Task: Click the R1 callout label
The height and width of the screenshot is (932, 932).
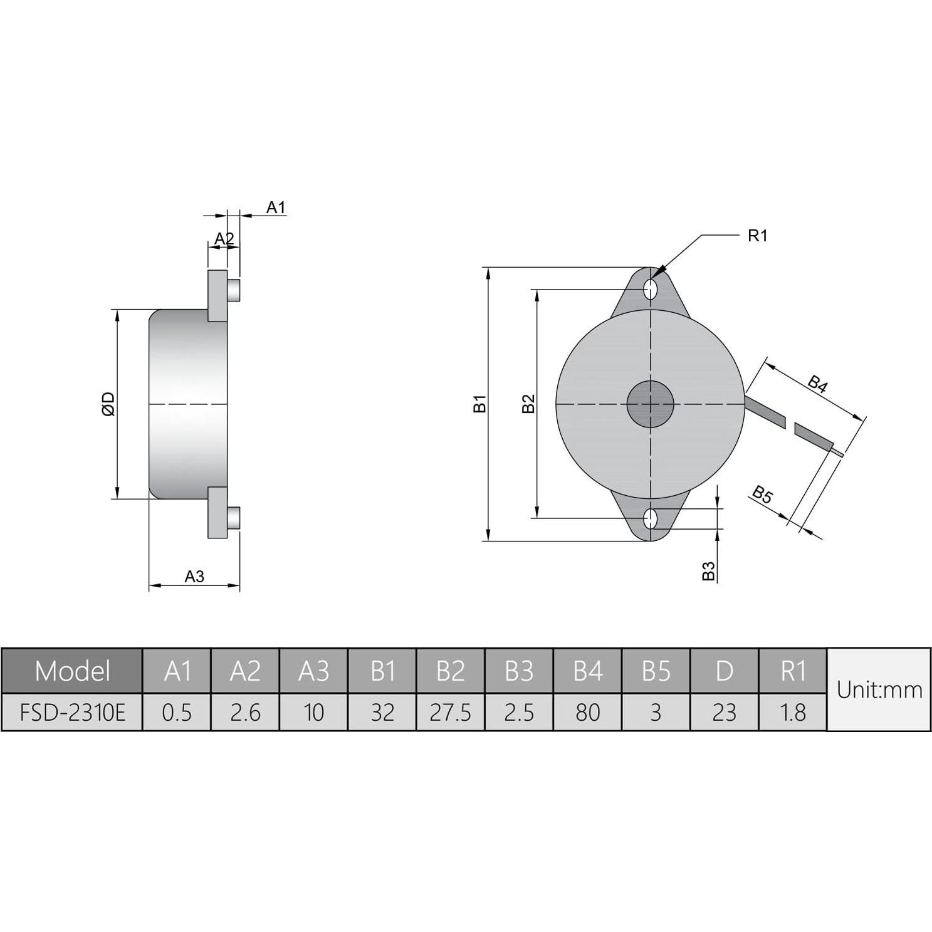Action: point(757,236)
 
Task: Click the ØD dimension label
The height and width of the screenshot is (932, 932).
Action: point(108,404)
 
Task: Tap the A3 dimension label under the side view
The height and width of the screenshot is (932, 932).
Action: point(194,577)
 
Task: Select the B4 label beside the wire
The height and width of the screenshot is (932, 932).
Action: point(817,384)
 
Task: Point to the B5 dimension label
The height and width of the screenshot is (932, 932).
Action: point(762,495)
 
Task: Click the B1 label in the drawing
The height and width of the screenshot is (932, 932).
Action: point(479,404)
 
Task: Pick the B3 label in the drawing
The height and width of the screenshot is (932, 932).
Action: point(708,570)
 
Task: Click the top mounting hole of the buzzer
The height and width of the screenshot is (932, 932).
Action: point(651,290)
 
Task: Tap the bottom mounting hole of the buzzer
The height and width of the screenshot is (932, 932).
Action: point(651,518)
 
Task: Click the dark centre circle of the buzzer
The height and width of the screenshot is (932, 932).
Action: point(651,404)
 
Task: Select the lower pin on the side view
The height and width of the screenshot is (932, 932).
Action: point(234,518)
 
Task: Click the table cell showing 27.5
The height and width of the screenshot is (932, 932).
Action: point(450,713)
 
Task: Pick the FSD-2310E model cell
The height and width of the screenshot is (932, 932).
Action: point(73,713)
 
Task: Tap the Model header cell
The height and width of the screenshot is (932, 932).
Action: point(73,671)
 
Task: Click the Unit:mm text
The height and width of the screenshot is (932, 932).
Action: point(879,690)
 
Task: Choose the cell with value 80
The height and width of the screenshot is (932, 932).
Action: point(587,713)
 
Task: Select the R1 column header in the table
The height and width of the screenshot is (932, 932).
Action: point(793,671)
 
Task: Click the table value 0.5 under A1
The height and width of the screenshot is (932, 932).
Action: point(177,713)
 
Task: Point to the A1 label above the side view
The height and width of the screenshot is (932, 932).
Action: point(276,207)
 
